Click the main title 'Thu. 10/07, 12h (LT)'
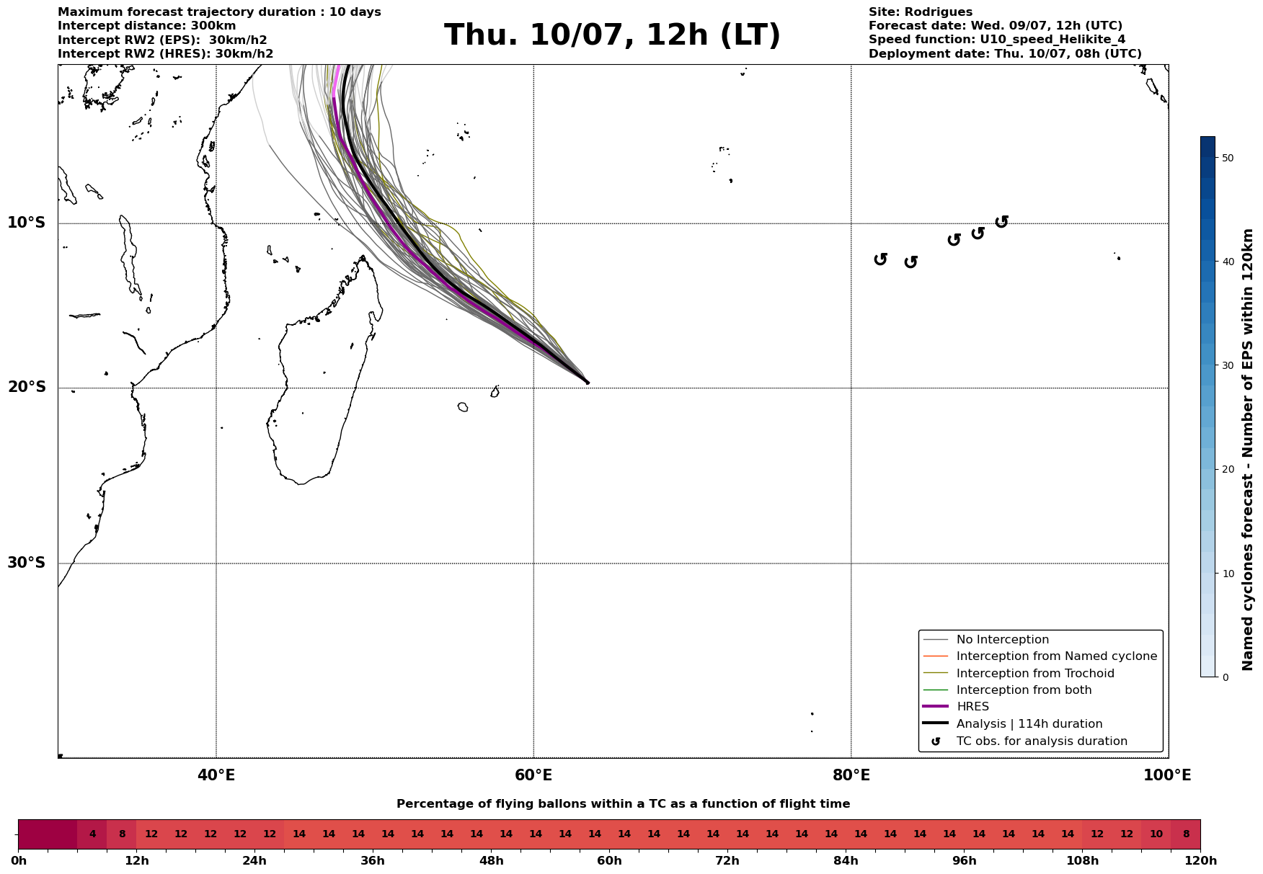click(x=612, y=35)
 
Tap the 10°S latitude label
click(x=27, y=223)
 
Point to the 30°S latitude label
click(x=27, y=563)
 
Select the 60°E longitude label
click(x=533, y=775)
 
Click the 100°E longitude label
click(x=1167, y=775)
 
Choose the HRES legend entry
click(x=972, y=707)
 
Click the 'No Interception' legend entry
click(x=1002, y=640)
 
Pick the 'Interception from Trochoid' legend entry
click(x=1034, y=674)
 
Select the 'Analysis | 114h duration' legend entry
click(x=1029, y=724)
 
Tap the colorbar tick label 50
click(x=1228, y=158)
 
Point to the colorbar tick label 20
click(x=1228, y=470)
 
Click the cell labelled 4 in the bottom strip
click(x=92, y=834)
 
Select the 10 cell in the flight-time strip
click(x=1156, y=834)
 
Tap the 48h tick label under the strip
click(x=491, y=861)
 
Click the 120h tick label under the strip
click(x=1200, y=861)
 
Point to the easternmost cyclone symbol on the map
click(x=1001, y=222)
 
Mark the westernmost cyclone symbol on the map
click(x=880, y=259)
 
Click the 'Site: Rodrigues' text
click(x=920, y=12)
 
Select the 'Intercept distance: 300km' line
click(x=146, y=26)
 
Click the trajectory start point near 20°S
click(x=588, y=383)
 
